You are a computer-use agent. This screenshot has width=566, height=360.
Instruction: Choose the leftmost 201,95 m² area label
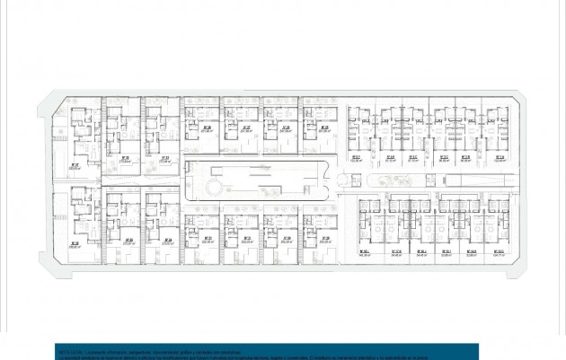click(207, 129)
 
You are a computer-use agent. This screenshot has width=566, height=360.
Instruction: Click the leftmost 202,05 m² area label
click(208, 241)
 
